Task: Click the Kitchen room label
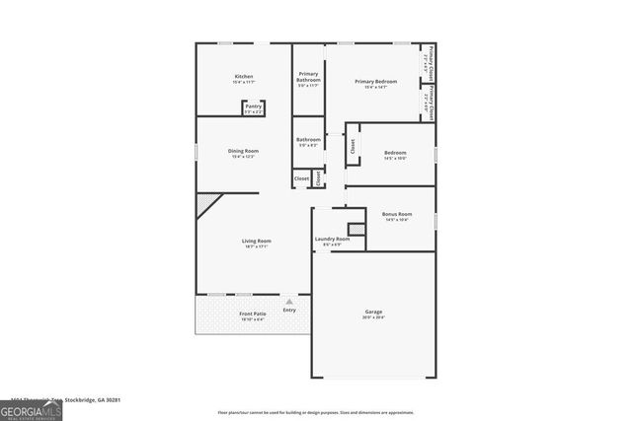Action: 243,78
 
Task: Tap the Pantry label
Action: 254,107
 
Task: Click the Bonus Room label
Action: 397,215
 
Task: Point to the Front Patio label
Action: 253,316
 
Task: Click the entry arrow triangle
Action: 289,301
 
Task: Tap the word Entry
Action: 289,311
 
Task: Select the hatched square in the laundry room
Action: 356,230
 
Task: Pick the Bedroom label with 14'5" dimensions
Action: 395,154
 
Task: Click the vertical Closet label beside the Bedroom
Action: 352,147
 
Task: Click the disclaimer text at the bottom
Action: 315,413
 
